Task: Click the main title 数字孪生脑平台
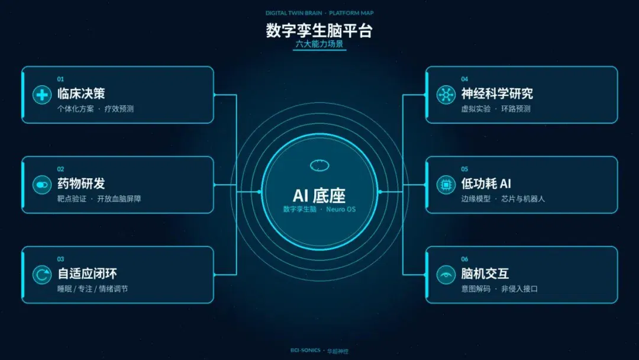coord(319,31)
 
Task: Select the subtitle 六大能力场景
coord(319,44)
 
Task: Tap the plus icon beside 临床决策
coord(41,95)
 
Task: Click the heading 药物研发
coord(81,184)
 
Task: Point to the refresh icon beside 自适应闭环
coord(41,274)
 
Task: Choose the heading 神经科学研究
coord(497,94)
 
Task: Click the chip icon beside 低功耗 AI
coord(446,185)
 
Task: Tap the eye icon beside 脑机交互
coord(446,274)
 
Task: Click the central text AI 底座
coord(319,196)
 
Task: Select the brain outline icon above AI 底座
coord(319,166)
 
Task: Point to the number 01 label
coord(60,79)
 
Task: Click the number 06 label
coord(464,259)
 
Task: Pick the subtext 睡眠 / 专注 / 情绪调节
coord(92,289)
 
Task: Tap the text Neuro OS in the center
coord(341,209)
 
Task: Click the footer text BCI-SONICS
coord(305,350)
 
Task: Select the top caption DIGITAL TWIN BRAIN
coord(294,13)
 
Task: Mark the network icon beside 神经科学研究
coord(446,95)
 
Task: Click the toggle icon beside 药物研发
coord(41,185)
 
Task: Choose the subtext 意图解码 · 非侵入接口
coord(499,289)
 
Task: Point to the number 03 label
coord(60,259)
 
